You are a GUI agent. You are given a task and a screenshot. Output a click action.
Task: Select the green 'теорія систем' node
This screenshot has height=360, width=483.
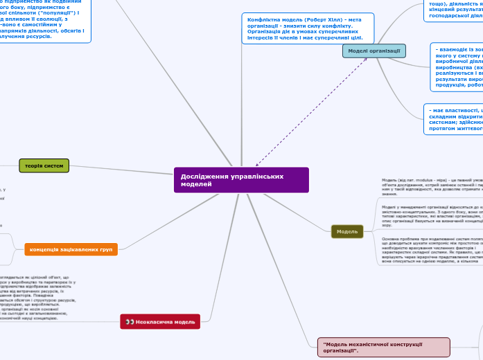[x=44, y=166]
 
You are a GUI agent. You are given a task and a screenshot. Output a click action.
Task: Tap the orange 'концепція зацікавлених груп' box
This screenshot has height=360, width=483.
[x=71, y=249]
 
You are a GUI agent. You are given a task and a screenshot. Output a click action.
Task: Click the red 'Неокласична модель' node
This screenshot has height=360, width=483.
[x=160, y=321]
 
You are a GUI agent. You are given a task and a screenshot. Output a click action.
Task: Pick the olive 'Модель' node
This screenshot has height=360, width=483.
[x=347, y=231]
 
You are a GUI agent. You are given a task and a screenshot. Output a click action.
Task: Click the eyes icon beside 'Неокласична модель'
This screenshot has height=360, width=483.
[x=130, y=321]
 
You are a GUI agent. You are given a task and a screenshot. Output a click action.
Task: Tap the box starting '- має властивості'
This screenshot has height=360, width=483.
[x=455, y=119]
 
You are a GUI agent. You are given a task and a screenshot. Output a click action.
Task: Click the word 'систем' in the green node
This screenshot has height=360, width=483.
[x=53, y=166]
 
